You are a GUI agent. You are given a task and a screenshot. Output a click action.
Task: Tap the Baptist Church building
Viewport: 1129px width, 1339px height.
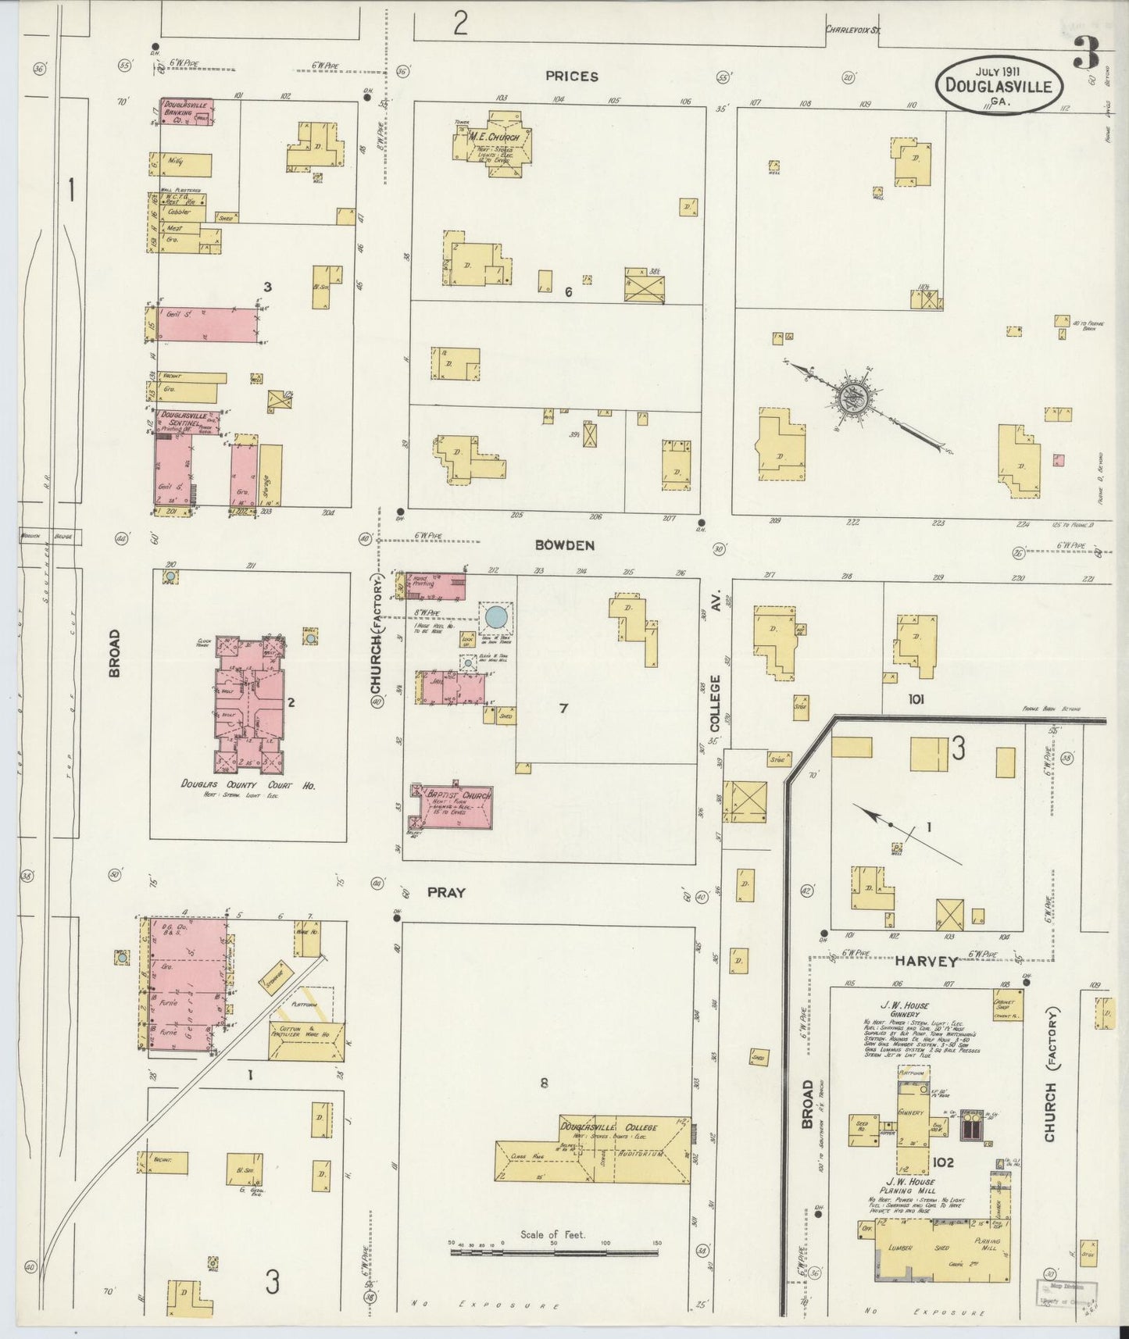[453, 807]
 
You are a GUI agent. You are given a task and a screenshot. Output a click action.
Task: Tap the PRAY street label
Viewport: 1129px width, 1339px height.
[446, 892]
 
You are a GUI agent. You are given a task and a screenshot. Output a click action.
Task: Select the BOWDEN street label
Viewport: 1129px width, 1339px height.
[565, 545]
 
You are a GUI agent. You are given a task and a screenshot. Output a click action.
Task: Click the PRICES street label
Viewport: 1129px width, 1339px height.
[572, 77]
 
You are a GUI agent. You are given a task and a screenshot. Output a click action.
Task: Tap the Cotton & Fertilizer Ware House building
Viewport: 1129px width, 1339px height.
[305, 1040]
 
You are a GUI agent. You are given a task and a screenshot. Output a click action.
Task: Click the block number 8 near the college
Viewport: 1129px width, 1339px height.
[545, 1083]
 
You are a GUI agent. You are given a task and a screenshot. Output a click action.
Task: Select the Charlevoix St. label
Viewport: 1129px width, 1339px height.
[853, 30]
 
